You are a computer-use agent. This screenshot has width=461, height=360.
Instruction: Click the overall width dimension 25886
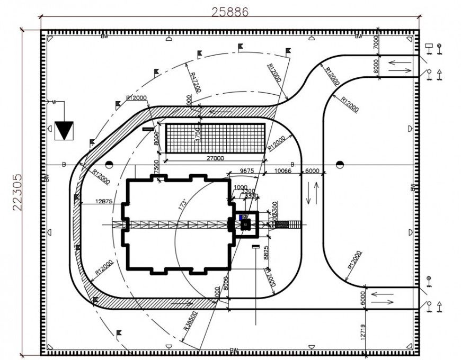point(230,11)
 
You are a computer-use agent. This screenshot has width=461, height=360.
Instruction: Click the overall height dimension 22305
point(17,192)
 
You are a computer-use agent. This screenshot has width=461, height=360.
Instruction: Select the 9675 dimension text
point(246,170)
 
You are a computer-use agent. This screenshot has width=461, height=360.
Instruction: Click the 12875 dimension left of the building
point(104,201)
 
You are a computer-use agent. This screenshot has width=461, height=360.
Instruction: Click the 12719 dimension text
point(362,331)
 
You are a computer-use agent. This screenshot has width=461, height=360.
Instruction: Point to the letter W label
point(54,102)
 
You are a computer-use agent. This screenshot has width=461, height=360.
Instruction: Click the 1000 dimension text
point(240,187)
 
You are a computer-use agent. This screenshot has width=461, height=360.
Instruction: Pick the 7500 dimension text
point(156,166)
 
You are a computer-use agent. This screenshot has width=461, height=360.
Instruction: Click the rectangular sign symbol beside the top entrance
point(429,47)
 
